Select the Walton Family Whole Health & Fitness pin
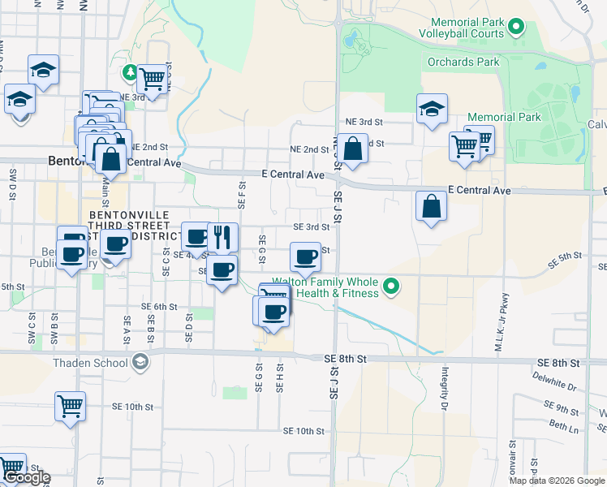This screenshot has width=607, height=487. (391, 286)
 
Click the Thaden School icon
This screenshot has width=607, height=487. (141, 361)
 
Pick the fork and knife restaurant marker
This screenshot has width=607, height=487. (222, 238)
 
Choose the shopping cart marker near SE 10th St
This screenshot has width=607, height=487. (70, 406)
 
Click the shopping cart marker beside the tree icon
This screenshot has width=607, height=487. (152, 80)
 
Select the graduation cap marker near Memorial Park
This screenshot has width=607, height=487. (432, 109)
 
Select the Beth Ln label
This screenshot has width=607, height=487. (563, 425)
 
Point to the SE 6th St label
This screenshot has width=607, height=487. (159, 307)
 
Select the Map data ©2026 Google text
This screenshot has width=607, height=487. (556, 481)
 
